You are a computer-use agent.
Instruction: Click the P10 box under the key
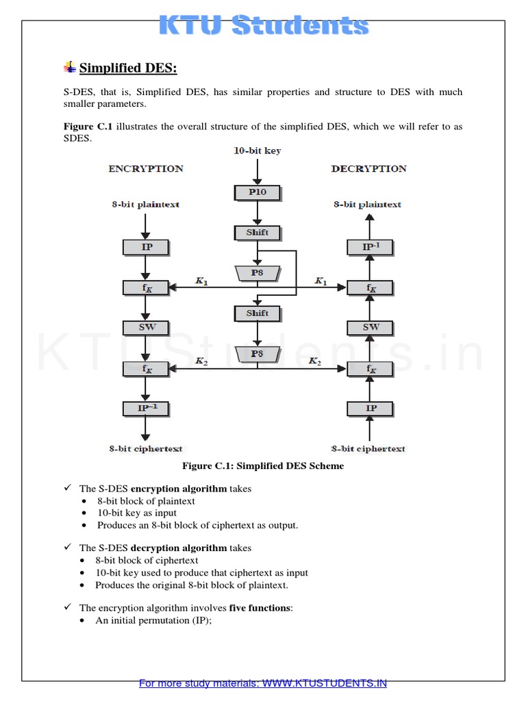click(x=258, y=193)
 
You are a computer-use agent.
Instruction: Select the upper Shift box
click(x=258, y=233)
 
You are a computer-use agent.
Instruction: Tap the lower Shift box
click(x=258, y=314)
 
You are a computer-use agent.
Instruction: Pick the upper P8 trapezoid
click(x=258, y=273)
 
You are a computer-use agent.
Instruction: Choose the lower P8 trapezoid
click(x=258, y=354)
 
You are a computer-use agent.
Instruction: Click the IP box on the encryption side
click(x=147, y=247)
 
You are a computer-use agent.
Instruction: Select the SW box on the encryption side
click(x=147, y=327)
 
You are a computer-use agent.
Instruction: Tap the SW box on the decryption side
click(x=371, y=327)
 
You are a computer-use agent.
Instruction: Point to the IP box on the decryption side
click(x=371, y=409)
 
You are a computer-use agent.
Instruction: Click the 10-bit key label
click(x=257, y=150)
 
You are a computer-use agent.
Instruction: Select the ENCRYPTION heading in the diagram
click(x=146, y=168)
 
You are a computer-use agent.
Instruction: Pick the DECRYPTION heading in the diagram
click(x=368, y=168)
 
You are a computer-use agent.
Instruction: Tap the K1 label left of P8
click(x=201, y=281)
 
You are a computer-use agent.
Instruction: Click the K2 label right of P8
click(x=315, y=361)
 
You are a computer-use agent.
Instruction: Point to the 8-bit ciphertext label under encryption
click(x=145, y=449)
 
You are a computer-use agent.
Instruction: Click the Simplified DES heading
click(x=128, y=68)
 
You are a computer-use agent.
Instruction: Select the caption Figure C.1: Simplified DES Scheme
click(x=262, y=466)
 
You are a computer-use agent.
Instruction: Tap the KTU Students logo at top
click(x=264, y=26)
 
